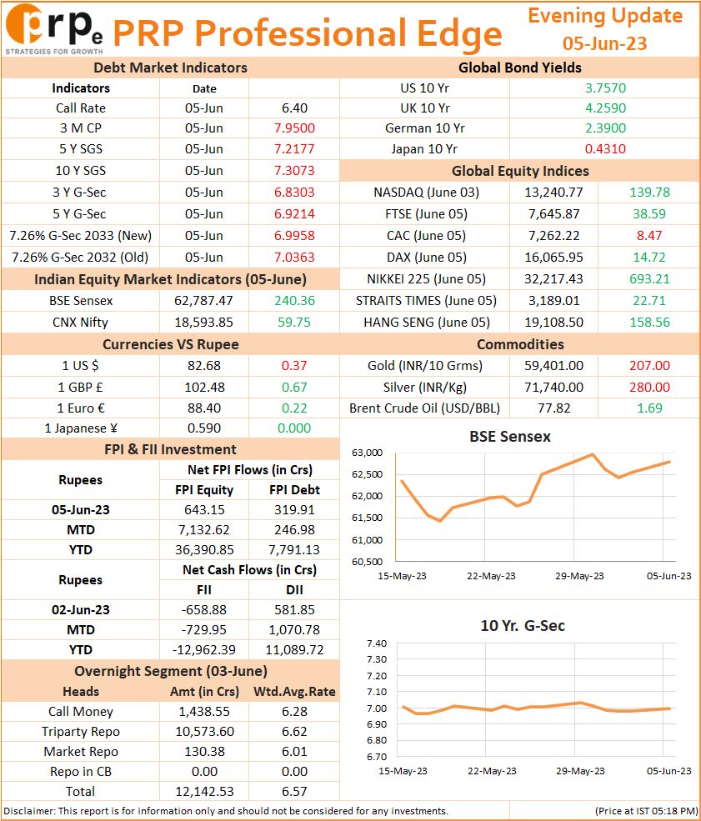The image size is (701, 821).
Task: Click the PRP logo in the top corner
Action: (x=54, y=29)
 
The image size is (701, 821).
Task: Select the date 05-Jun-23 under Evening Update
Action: (x=604, y=43)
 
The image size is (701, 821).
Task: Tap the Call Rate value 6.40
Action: (x=294, y=108)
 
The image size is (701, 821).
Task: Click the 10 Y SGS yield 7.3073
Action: (x=294, y=170)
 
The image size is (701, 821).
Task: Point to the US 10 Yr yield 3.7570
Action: (x=605, y=88)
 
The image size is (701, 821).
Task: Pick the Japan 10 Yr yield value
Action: (x=605, y=148)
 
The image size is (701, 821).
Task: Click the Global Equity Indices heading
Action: (x=520, y=171)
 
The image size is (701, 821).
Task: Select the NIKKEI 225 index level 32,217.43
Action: (x=553, y=278)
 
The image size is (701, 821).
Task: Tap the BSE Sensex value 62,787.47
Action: (x=203, y=301)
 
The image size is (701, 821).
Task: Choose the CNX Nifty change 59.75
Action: (x=294, y=322)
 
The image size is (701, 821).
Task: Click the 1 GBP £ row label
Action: (x=80, y=387)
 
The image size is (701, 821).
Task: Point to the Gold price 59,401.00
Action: (x=553, y=365)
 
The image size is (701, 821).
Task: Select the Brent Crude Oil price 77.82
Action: (x=553, y=408)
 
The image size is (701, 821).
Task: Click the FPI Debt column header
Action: (x=294, y=489)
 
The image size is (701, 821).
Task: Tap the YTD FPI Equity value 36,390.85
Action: (x=203, y=550)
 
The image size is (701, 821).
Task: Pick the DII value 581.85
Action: (x=294, y=609)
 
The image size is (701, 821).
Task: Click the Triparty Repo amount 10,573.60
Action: (x=204, y=732)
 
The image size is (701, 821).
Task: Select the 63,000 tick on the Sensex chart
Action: (x=367, y=453)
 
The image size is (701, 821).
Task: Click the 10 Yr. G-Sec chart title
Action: (x=523, y=626)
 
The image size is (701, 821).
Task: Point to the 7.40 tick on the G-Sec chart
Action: (x=377, y=643)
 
